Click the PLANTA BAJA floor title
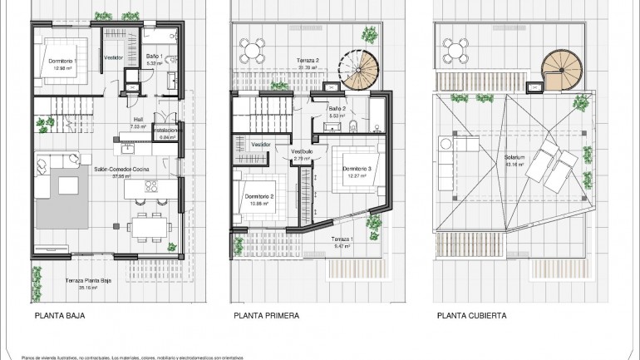60,316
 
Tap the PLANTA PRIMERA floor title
266,316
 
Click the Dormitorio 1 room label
64,62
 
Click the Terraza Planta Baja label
92,281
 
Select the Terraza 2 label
308,61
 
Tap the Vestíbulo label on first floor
301,151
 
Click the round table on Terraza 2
254,49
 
